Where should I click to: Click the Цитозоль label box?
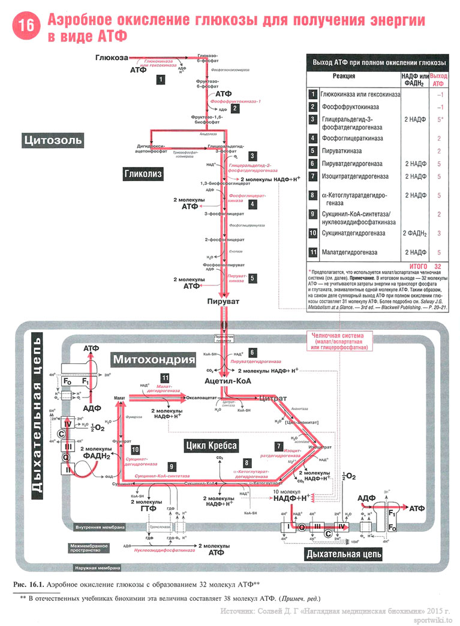(53, 141)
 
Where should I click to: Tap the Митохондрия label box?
(154, 360)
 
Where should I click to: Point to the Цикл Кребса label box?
(211, 445)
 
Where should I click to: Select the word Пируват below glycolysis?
(223, 300)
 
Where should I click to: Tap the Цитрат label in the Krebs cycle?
(273, 398)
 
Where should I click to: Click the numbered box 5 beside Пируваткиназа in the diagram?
(252, 278)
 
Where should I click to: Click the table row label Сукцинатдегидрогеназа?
(353, 233)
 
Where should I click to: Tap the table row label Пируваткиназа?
(345, 151)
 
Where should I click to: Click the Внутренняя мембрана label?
(100, 528)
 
